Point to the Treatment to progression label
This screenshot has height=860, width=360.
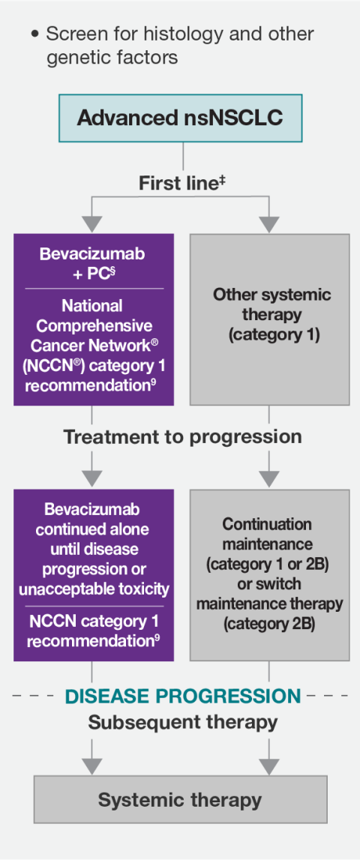point(182,437)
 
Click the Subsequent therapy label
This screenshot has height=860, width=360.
point(182,723)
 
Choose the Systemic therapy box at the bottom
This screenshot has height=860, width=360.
point(180,799)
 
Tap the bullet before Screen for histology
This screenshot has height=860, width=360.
point(34,34)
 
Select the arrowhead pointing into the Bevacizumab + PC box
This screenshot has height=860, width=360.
point(91,223)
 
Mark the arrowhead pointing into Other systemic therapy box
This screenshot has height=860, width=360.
point(269,223)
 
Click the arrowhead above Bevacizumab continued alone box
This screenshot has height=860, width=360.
point(91,478)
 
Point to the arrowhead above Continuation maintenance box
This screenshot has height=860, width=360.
point(269,478)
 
